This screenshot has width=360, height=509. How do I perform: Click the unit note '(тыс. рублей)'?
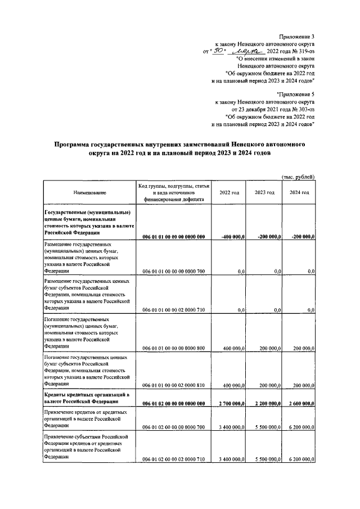pyautogui.click(x=298, y=177)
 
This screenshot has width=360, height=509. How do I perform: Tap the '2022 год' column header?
pyautogui.click(x=229, y=193)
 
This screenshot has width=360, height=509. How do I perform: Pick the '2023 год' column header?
pyautogui.click(x=264, y=193)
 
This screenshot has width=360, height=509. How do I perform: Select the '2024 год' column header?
pyautogui.click(x=299, y=193)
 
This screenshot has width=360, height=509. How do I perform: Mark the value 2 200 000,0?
pyautogui.click(x=265, y=403)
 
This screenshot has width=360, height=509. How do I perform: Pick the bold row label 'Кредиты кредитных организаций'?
pyautogui.click(x=86, y=396)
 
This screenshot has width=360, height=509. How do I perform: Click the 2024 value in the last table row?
pyautogui.click(x=300, y=460)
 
